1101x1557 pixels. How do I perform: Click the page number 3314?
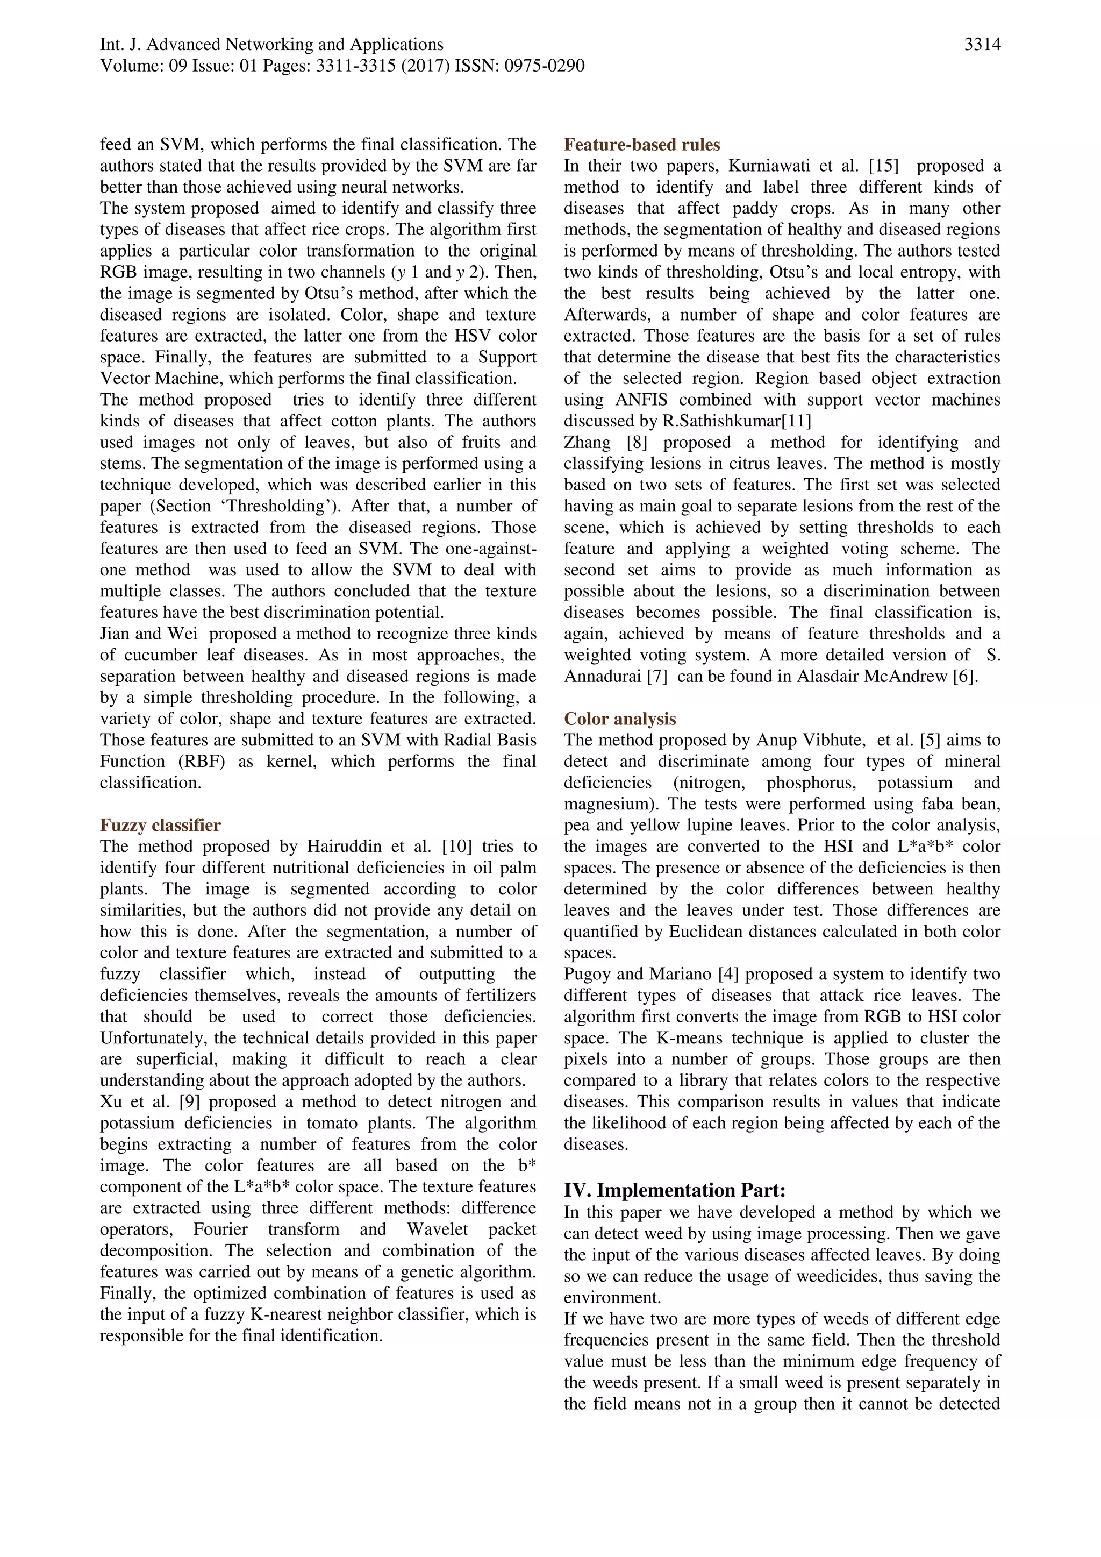[982, 45]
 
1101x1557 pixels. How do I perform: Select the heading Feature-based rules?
[641, 145]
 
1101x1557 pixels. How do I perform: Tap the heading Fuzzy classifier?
[160, 826]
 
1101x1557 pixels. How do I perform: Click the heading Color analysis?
[620, 719]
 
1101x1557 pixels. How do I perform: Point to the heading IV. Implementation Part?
[675, 1190]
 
